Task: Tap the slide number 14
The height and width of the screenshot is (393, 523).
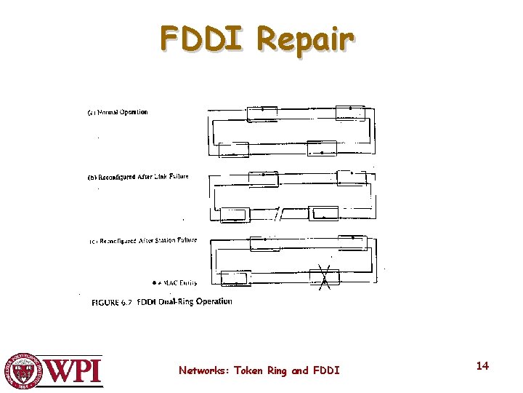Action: pos(482,365)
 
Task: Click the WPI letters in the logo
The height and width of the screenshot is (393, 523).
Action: pos(75,371)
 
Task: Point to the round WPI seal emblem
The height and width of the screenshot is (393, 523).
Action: pos(23,371)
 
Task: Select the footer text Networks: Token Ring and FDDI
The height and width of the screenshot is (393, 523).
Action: pos(259,370)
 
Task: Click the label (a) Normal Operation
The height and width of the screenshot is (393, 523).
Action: pos(118,112)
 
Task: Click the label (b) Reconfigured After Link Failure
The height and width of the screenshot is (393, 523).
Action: pos(138,177)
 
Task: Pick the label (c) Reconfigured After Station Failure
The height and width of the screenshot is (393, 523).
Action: pos(142,240)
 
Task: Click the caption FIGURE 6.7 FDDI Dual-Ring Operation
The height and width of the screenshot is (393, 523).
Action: pos(161,301)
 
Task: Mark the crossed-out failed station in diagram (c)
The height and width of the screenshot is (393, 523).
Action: pos(325,277)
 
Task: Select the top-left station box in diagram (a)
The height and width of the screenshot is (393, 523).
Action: pos(261,113)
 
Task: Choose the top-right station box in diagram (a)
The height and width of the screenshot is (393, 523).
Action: pos(350,112)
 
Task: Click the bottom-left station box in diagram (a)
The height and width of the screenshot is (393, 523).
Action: pos(234,149)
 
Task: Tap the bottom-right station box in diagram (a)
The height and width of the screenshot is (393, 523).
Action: pos(322,148)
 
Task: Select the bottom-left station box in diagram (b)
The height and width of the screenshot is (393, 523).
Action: pos(235,215)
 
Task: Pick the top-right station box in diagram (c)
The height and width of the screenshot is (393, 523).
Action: pos(352,242)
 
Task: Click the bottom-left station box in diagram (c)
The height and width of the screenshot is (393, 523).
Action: pos(235,279)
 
